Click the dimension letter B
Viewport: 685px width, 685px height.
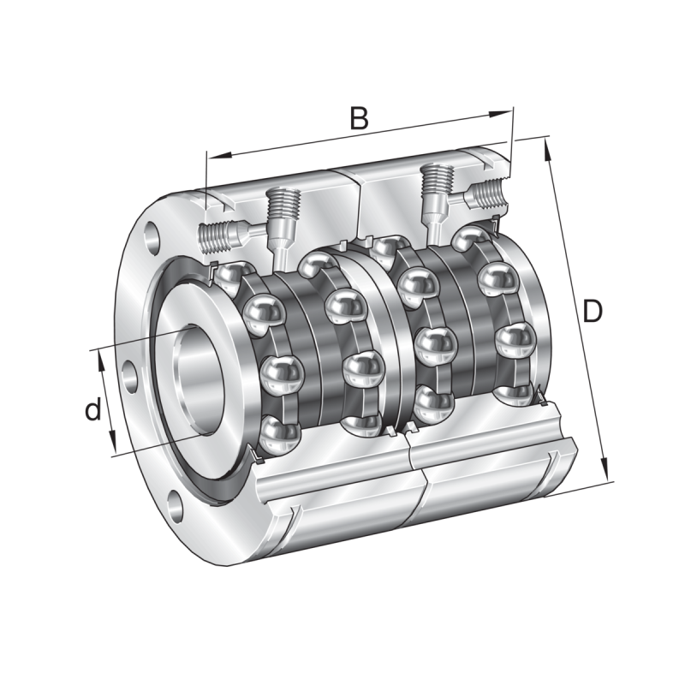click(x=359, y=117)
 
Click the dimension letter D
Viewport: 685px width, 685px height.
click(x=592, y=311)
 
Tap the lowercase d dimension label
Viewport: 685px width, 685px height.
click(x=92, y=409)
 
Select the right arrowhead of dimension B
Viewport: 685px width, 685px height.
click(x=500, y=114)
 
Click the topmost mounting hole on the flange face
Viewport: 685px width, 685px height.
click(x=152, y=239)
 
